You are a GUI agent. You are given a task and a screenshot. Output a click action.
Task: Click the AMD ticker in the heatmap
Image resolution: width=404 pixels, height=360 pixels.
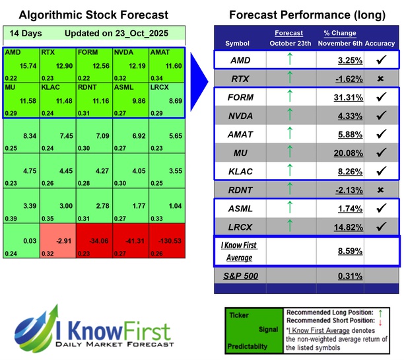click(12, 52)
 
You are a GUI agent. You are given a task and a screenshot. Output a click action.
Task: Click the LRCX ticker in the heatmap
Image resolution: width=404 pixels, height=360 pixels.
click(160, 87)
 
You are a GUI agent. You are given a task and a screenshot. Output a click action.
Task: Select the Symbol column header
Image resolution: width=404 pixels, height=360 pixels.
click(238, 44)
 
